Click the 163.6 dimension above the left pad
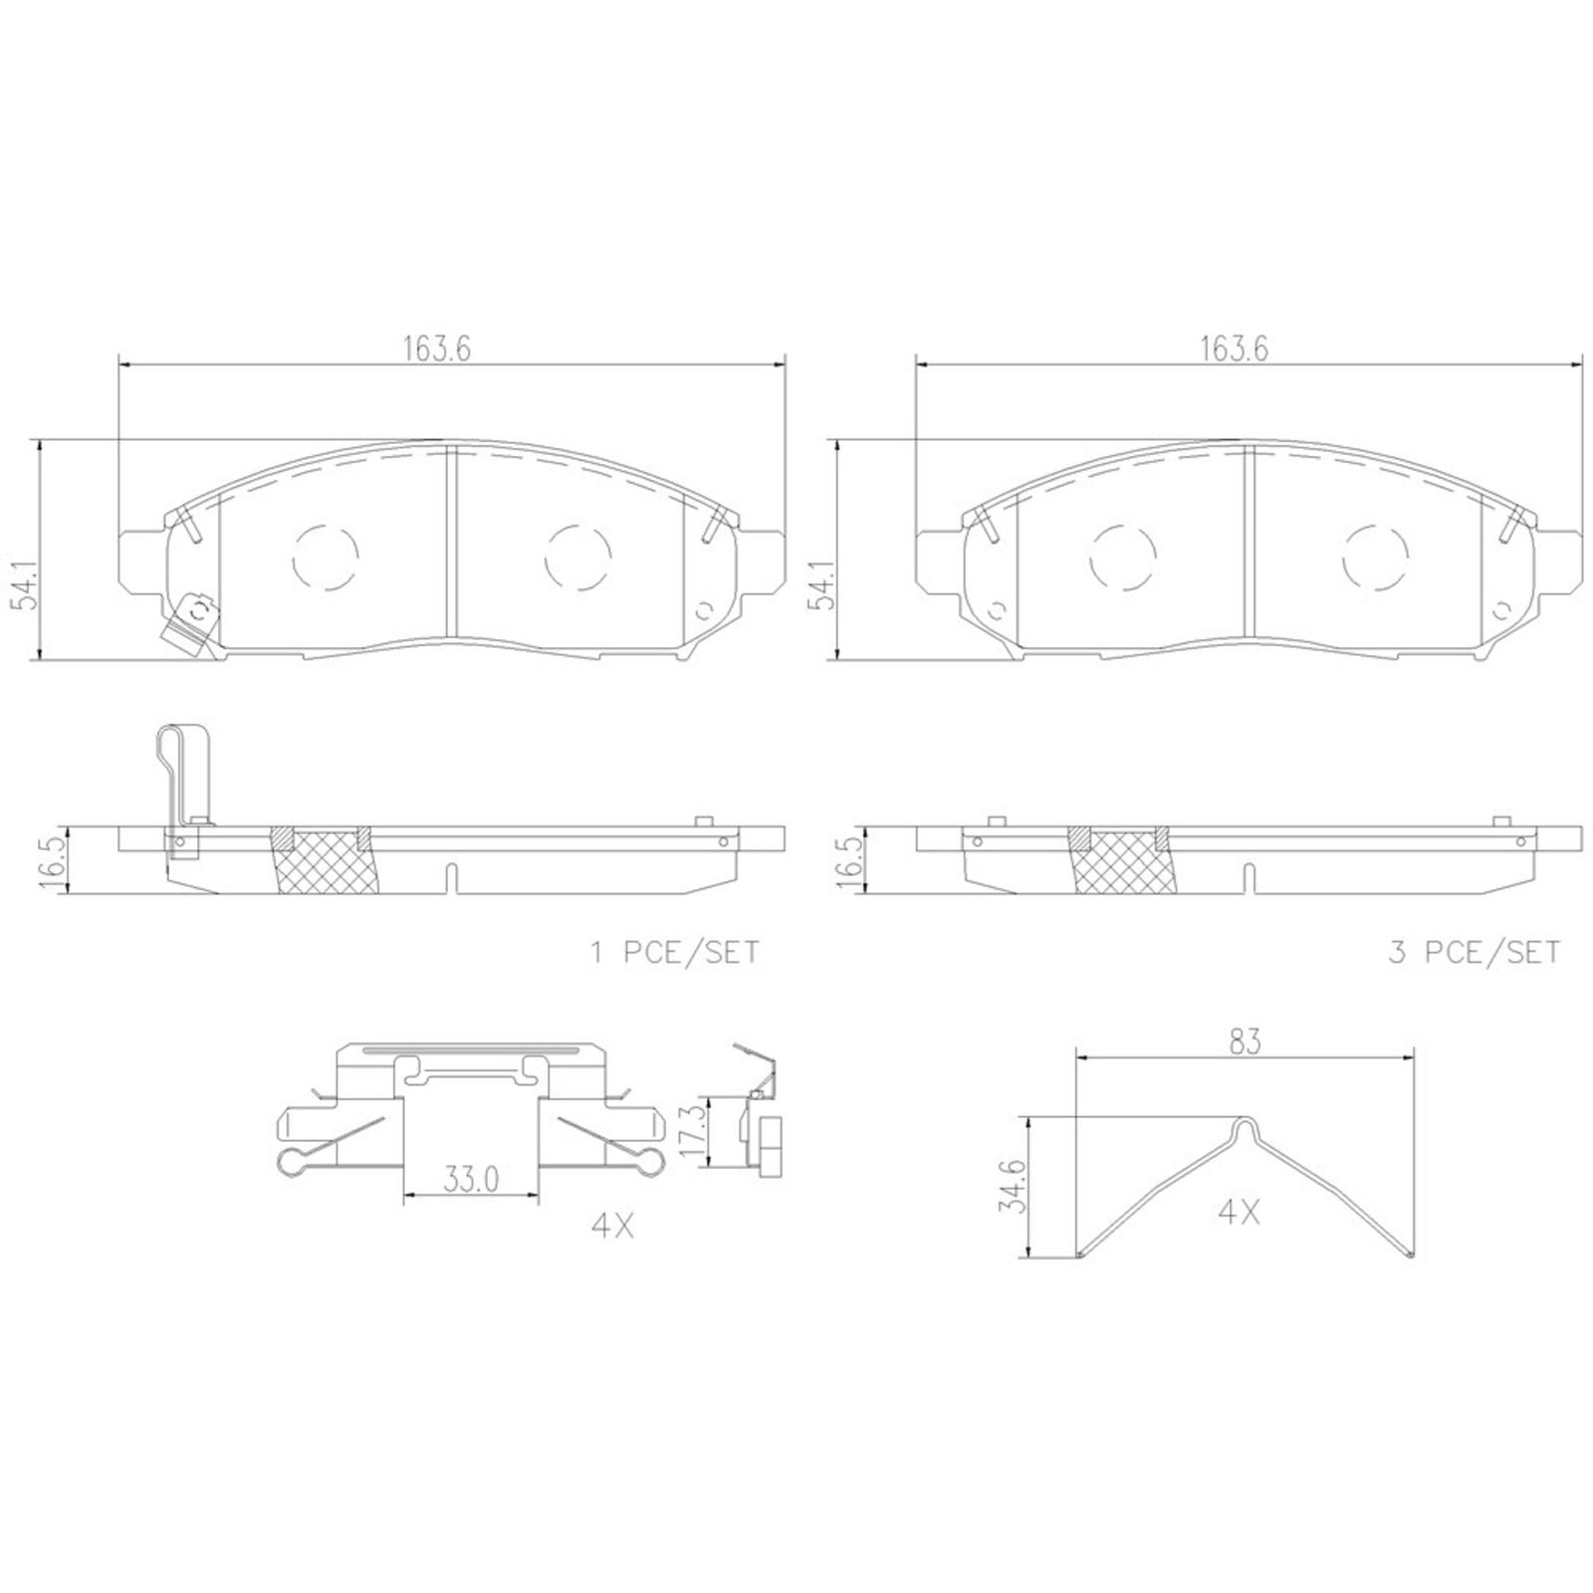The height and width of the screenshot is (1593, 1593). pyautogui.click(x=436, y=348)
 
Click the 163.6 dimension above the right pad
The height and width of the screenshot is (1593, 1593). pyautogui.click(x=1234, y=348)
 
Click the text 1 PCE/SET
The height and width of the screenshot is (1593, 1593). pyautogui.click(x=674, y=953)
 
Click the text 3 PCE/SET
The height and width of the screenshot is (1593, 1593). pyautogui.click(x=1475, y=953)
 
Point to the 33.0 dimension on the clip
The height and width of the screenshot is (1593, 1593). pyautogui.click(x=470, y=1181)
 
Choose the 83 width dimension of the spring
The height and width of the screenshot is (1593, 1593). pyautogui.click(x=1245, y=1041)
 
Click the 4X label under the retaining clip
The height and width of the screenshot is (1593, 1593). pyautogui.click(x=612, y=1227)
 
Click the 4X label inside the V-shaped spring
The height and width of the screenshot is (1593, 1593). pyautogui.click(x=1239, y=1213)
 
